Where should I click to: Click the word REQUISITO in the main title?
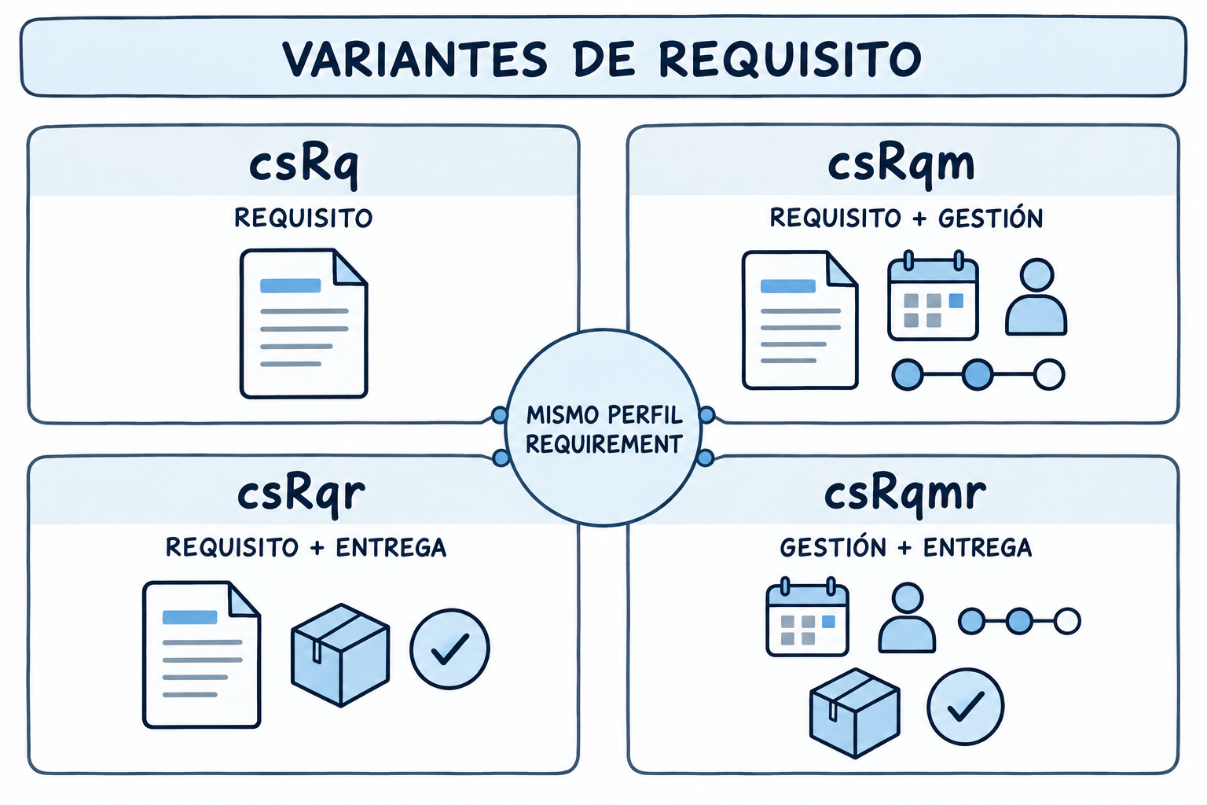click(790, 59)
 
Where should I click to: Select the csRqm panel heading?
click(901, 164)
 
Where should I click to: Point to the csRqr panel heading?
click(301, 494)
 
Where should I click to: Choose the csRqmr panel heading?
click(905, 494)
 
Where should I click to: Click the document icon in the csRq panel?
click(304, 324)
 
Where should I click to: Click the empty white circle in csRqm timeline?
click(1048, 374)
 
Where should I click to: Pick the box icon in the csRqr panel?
click(340, 655)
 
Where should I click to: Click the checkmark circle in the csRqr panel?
click(449, 649)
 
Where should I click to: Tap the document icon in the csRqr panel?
click(201, 655)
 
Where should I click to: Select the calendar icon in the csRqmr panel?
click(807, 617)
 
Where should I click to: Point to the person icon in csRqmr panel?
click(907, 618)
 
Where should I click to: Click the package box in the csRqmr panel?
click(855, 713)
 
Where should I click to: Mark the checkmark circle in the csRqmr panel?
click(965, 707)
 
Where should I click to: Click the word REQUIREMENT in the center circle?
click(604, 445)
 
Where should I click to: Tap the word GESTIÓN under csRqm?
click(990, 218)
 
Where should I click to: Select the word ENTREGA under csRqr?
click(391, 547)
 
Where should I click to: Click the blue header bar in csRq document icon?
click(291, 285)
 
